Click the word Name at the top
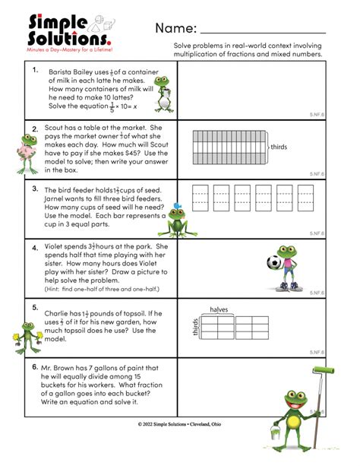(175, 29)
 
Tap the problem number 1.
(35, 70)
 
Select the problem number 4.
(35, 248)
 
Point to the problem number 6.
(35, 366)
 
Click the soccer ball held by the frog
(275, 264)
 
